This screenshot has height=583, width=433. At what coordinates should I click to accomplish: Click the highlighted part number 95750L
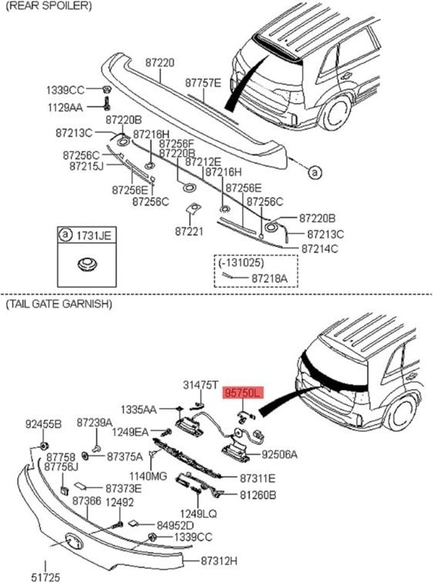coord(243,393)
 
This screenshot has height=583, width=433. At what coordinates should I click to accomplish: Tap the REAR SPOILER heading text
coord(49,5)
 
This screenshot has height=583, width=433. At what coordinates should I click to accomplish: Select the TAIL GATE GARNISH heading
coord(59,304)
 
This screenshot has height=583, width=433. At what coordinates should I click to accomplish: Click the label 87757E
coord(203,82)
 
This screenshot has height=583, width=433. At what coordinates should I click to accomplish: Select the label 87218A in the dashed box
coord(269,276)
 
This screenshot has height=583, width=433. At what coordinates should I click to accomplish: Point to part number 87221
coord(189,231)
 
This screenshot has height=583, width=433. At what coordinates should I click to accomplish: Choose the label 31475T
coord(200,385)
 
